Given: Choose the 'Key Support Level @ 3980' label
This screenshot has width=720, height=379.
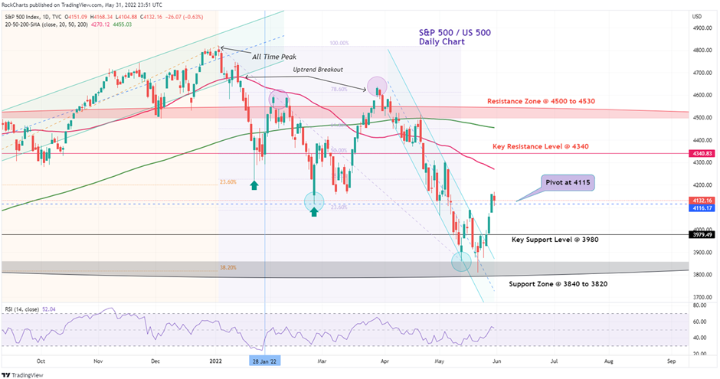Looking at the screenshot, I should [x=555, y=240].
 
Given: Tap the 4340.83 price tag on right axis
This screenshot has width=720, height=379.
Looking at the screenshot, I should [x=703, y=154].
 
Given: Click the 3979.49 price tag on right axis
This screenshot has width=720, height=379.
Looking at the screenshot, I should [x=703, y=235].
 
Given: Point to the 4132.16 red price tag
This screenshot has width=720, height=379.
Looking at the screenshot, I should [x=703, y=201].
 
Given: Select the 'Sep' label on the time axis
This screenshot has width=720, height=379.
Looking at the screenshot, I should [x=671, y=359].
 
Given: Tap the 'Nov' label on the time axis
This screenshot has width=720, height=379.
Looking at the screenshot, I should [x=98, y=359].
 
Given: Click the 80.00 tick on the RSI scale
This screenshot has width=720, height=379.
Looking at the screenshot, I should [x=699, y=306].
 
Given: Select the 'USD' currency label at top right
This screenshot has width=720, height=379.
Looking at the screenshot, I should [x=697, y=16].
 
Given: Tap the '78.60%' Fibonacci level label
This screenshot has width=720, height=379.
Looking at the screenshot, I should [x=339, y=89].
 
